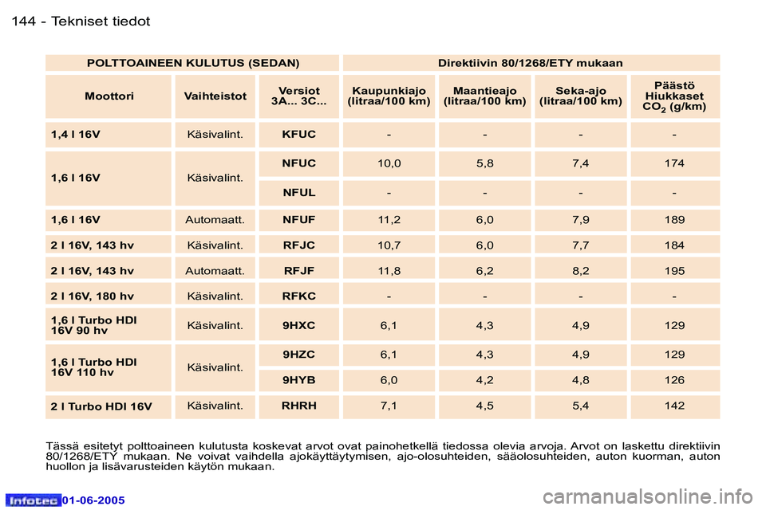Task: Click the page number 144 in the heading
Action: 24,22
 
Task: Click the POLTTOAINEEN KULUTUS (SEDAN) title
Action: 192,62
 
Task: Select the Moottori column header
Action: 109,96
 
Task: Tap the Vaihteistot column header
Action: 215,96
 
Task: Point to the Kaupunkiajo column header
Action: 389,96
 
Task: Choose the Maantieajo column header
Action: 484,96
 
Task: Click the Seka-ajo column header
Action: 580,96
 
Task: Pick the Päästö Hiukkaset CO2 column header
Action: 674,96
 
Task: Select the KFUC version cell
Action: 299,135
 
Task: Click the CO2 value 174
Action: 674,163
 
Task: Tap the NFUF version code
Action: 299,218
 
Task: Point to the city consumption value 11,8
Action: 389,271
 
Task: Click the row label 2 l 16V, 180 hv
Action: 92,296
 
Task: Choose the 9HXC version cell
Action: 299,325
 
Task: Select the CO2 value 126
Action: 674,380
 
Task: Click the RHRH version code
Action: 299,406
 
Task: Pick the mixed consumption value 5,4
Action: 580,406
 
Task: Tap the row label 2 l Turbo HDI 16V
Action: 101,406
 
